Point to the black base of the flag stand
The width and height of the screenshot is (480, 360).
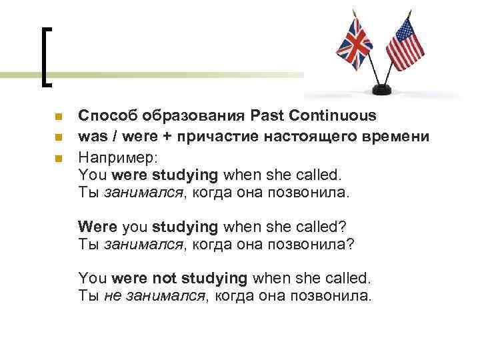pos(384,89)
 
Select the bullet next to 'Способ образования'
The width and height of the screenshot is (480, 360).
pos(58,117)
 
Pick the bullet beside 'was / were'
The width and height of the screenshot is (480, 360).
pos(58,138)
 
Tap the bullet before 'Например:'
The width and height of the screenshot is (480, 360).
pos(58,159)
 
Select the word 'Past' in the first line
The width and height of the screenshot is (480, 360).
pos(268,116)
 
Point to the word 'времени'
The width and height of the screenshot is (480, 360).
pos(405,138)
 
